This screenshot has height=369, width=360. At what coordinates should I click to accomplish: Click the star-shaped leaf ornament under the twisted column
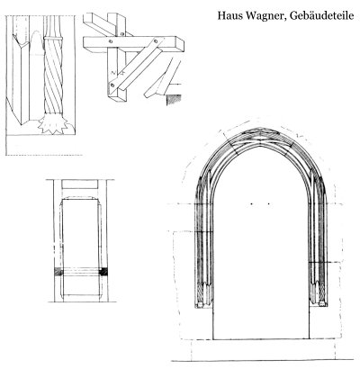(52, 123)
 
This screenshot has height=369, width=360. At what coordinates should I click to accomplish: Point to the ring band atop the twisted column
(53, 38)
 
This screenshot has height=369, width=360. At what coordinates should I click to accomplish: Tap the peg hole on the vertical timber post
(121, 34)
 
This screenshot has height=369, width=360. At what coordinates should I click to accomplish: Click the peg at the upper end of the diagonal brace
(156, 40)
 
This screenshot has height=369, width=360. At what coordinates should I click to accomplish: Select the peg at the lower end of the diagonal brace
(112, 85)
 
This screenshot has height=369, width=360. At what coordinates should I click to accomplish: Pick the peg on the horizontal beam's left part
(111, 41)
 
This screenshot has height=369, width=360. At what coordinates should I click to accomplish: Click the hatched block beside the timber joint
(174, 99)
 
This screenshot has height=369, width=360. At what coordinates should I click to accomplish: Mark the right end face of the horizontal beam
(180, 45)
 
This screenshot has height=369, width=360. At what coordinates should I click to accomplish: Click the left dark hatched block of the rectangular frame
(58, 272)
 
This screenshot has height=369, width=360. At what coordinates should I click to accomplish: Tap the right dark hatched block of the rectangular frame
(103, 272)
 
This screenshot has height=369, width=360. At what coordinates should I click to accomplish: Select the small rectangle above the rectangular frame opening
(80, 184)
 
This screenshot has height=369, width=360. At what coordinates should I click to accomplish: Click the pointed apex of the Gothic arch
(261, 129)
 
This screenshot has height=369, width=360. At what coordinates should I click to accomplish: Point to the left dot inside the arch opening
(251, 204)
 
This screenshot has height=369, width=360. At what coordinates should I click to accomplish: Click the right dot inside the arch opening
(268, 204)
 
